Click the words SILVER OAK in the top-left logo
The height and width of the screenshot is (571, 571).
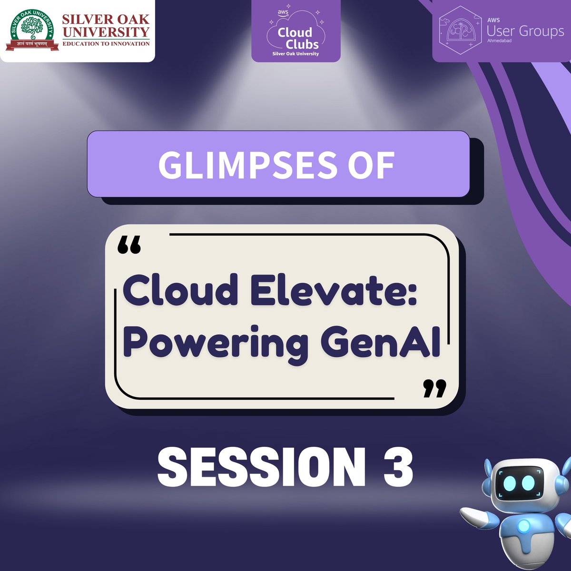point(106,20)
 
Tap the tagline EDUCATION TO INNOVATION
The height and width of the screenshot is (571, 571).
point(106,43)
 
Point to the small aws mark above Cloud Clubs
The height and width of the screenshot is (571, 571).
point(283,13)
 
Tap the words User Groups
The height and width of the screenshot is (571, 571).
point(525,31)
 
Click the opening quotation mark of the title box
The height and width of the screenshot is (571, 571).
point(129,246)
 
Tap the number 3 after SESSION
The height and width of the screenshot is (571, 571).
point(396,468)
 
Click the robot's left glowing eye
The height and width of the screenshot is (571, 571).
point(508,483)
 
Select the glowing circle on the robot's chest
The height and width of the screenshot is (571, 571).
point(524,526)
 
